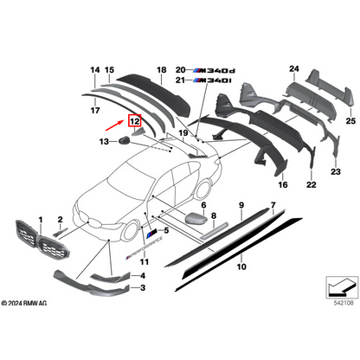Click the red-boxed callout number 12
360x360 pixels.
tap(134, 123)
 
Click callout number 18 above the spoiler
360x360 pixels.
tap(161, 69)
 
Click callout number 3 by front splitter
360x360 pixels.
tap(143, 286)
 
